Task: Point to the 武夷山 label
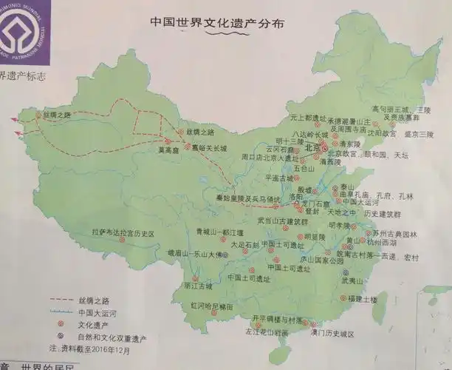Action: [354, 281]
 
